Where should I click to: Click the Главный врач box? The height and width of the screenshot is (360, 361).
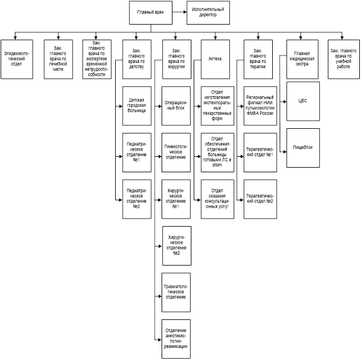150,12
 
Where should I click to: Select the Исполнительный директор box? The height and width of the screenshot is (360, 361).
208,12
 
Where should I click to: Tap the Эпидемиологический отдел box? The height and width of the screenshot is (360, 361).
17,58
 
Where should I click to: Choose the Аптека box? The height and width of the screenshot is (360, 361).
215,58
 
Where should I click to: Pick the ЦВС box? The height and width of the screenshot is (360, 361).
303,101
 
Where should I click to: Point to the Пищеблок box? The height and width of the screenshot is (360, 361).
303,147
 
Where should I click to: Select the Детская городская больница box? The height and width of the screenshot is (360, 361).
137,104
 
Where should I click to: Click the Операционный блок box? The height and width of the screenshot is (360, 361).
176,104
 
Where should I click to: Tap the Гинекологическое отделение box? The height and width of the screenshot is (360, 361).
176,152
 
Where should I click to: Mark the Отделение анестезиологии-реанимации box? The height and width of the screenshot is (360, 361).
176,338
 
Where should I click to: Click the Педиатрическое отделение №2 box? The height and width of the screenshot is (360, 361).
137,199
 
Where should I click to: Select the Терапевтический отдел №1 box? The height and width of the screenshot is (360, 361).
259,152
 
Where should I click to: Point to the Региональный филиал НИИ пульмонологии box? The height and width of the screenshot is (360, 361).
259,104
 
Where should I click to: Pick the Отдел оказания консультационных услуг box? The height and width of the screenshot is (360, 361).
215,199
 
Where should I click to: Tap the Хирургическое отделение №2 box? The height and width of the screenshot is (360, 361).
176,245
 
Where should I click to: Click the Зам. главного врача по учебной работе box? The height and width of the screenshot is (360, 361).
343,58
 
